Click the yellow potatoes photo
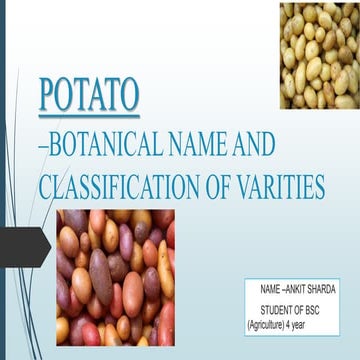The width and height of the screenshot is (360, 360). pos(319,55)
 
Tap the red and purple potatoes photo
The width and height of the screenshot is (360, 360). pos(115,276)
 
